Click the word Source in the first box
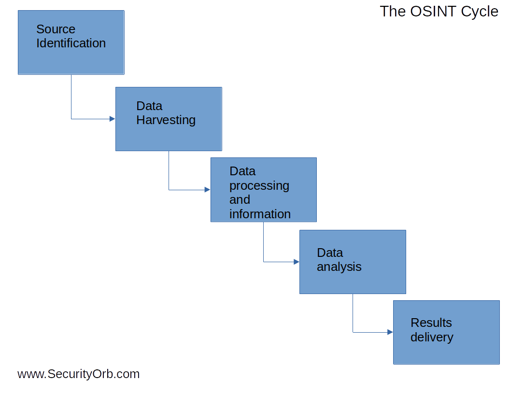coord(56,29)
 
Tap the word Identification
coord(71,43)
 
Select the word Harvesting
coord(166,120)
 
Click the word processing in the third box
coord(259,185)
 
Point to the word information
coord(260,214)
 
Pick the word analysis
coord(339,267)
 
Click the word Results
coord(431,323)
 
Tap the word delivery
coord(432,337)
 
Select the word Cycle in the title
coord(480,11)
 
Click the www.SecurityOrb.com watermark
coord(78,374)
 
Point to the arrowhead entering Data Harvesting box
coord(112,119)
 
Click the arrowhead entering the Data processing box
coord(207,190)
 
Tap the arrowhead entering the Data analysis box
coord(297,262)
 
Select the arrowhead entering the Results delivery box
coord(390,332)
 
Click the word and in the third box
coord(240,199)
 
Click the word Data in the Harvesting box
coord(149,106)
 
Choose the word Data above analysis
coord(330,253)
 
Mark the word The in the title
coord(393,11)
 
